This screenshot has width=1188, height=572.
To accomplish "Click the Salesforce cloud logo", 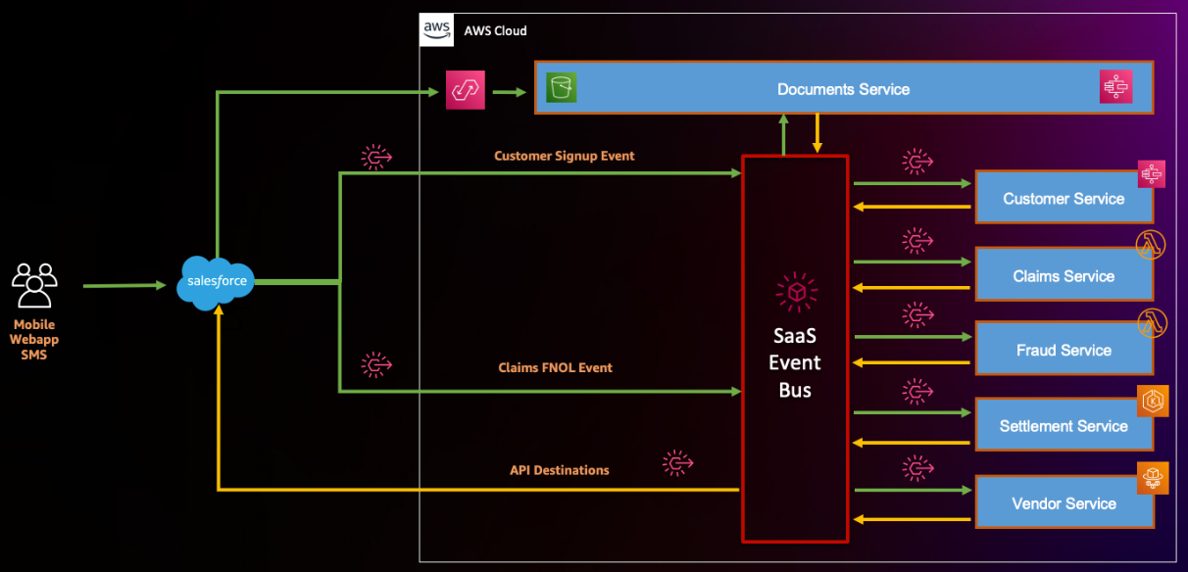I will point(215,282).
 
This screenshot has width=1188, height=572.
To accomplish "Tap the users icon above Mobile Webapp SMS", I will point(34,286).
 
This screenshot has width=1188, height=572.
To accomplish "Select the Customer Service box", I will point(1063,199).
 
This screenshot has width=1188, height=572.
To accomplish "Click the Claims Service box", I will point(1063,276).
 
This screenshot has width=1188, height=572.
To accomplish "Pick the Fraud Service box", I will point(1063,350).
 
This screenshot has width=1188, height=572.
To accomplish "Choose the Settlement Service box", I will point(1063,426).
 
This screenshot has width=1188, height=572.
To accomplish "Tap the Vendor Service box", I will point(1063,503).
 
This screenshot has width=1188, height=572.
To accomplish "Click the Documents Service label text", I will point(843,89).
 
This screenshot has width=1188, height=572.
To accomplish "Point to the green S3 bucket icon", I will point(562,87).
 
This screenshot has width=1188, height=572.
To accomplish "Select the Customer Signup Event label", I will point(564,156).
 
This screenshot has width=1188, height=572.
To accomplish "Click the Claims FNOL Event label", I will point(555,367).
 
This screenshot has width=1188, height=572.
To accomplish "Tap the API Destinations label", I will point(559,470).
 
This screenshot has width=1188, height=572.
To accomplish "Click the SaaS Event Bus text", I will point(794,363).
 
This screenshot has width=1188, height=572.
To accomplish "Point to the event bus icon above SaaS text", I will point(796,292).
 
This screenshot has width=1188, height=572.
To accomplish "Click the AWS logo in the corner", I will point(436,30).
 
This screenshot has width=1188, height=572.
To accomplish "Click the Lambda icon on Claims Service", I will point(1150,246).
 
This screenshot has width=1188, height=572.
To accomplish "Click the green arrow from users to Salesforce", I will point(124,286).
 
